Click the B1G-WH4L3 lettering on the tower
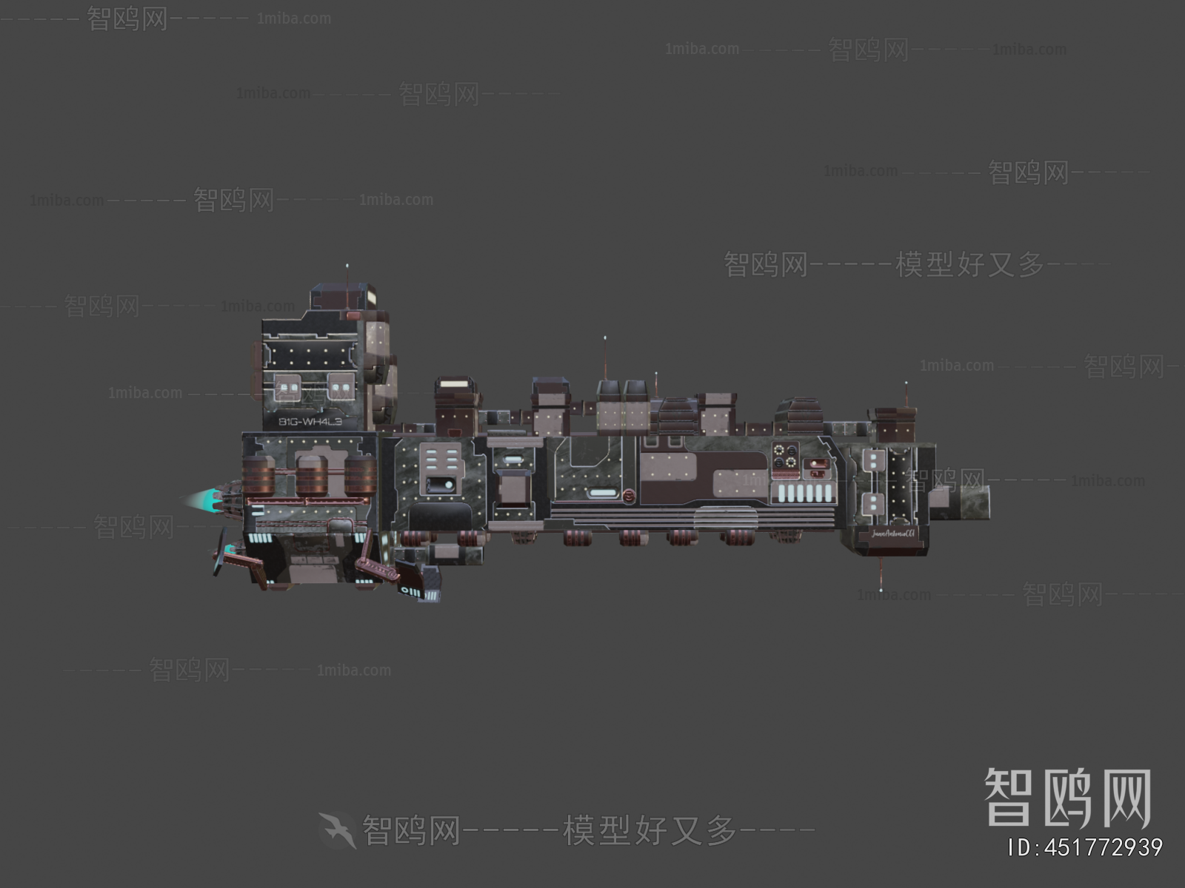click(310, 422)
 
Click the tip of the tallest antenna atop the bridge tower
click(347, 264)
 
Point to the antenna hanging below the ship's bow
click(881, 577)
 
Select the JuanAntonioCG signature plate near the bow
click(893, 533)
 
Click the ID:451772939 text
click(1085, 847)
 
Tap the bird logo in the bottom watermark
click(338, 830)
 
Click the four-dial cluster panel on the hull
click(784, 456)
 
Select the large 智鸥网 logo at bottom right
click(1066, 797)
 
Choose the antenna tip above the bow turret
click(906, 383)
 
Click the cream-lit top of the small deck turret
click(455, 384)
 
